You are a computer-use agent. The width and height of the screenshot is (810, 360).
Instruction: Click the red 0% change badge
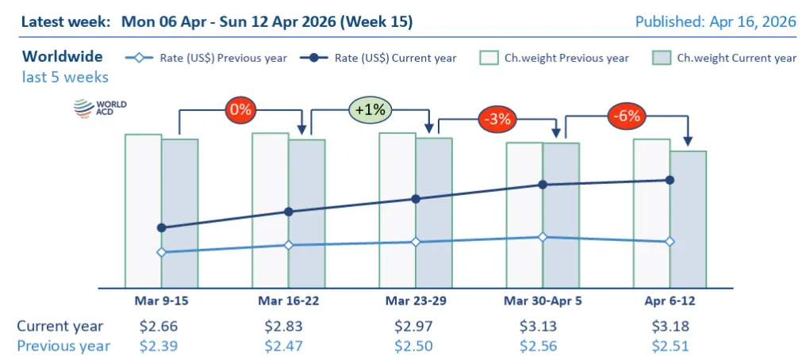(x=240, y=109)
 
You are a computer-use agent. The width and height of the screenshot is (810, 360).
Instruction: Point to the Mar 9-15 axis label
(x=162, y=301)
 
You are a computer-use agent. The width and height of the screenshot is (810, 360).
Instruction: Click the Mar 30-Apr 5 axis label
(x=543, y=301)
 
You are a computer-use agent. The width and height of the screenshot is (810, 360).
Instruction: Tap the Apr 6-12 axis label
(x=670, y=301)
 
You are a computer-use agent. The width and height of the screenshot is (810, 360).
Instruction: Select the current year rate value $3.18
(x=670, y=326)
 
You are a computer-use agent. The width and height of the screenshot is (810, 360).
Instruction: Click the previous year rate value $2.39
(x=162, y=345)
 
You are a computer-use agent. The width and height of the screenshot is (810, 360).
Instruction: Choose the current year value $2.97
(x=416, y=326)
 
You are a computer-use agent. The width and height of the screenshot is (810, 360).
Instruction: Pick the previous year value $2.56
(x=543, y=345)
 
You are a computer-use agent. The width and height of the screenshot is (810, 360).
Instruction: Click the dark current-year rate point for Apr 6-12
(x=670, y=180)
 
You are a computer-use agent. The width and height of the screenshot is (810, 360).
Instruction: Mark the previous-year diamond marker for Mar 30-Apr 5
(x=543, y=237)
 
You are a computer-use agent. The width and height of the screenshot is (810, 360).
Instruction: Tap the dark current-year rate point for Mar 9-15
(x=162, y=228)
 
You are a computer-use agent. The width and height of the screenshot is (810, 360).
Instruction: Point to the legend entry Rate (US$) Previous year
(x=206, y=58)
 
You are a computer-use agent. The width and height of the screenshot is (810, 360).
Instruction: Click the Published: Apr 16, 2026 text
(x=716, y=21)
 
